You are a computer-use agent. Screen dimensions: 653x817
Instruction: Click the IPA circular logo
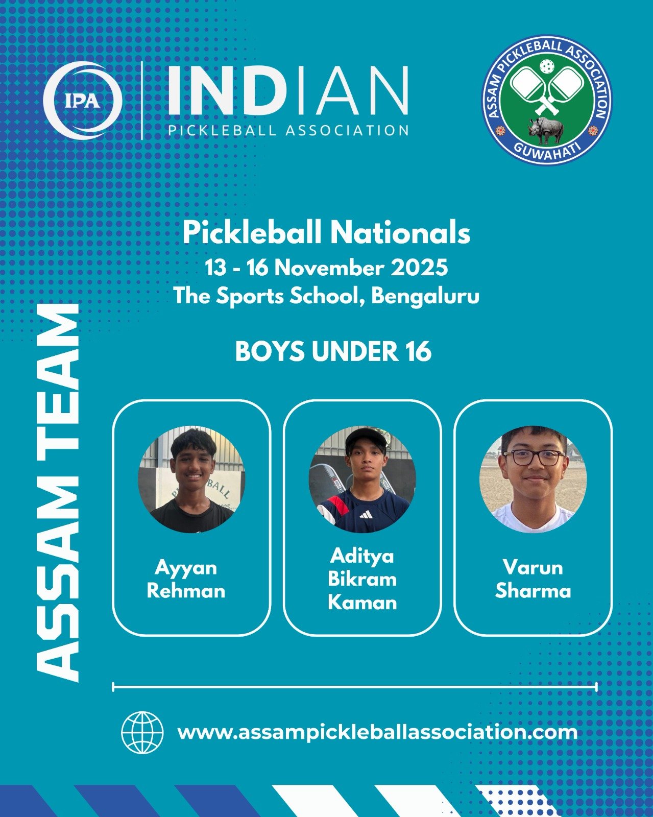83,100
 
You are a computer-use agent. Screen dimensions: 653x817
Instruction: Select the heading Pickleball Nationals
327,233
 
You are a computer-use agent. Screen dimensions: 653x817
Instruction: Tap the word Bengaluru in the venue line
425,297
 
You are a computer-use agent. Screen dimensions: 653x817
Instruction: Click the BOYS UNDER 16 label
333,351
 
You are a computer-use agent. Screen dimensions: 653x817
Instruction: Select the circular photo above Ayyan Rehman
191,479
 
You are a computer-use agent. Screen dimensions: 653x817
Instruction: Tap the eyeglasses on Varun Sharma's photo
534,458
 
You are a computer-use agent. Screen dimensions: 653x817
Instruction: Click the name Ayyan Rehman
186,580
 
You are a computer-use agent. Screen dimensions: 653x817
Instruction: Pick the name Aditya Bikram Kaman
362,580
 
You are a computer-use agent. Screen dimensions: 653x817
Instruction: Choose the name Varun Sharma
533,580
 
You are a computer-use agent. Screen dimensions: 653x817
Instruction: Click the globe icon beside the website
142,732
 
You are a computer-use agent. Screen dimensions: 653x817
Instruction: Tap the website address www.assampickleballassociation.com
377,732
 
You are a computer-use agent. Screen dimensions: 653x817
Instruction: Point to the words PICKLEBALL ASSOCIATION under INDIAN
288,130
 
